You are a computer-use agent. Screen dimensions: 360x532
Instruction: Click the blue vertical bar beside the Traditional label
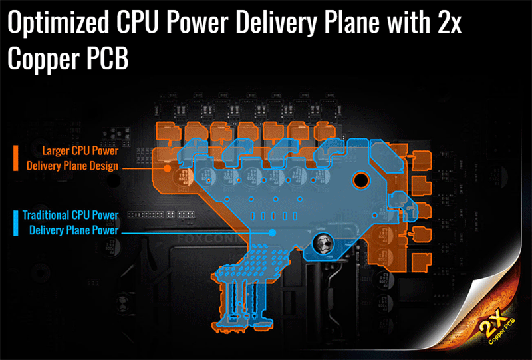point(15,223)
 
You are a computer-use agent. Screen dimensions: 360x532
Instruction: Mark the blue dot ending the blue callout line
point(273,232)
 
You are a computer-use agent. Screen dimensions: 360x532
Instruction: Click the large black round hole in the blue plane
point(360,179)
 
